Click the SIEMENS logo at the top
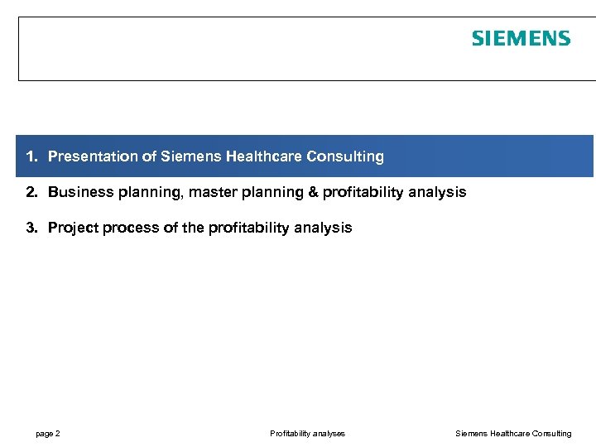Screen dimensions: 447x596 [x=521, y=39]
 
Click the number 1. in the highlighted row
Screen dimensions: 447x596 [x=31, y=156]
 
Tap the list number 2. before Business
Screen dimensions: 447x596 [x=31, y=192]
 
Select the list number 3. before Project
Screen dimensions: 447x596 [x=31, y=228]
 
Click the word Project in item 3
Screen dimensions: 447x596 [x=72, y=228]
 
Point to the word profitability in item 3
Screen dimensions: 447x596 [x=239, y=228]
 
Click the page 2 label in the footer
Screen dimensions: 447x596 [x=47, y=434]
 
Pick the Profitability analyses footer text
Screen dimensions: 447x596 [x=307, y=434]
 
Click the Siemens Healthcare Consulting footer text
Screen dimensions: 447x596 [x=513, y=434]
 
